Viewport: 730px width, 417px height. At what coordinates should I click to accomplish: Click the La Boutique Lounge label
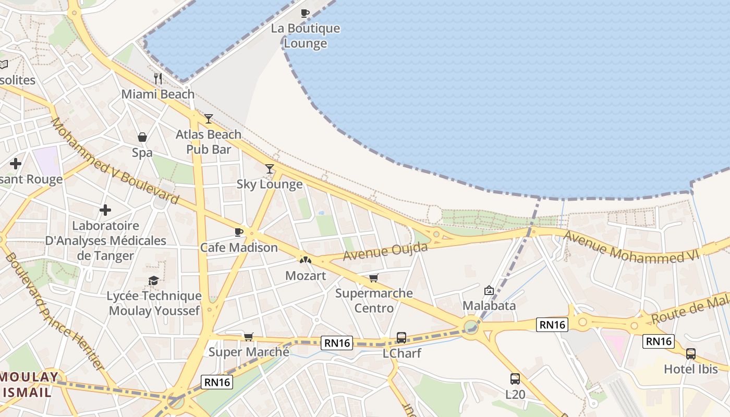(x=305, y=36)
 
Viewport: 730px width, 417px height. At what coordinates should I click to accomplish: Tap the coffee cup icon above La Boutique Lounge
(x=305, y=13)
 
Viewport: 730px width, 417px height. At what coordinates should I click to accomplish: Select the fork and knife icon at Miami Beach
(x=158, y=79)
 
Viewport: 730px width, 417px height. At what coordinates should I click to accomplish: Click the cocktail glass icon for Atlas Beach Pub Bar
(x=209, y=119)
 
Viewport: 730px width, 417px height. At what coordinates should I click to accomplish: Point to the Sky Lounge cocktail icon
(x=270, y=168)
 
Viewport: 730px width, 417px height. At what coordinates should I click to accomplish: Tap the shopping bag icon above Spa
(x=142, y=137)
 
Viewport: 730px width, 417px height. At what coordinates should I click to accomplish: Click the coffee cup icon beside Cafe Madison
(x=239, y=232)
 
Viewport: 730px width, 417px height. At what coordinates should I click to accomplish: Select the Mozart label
(x=306, y=276)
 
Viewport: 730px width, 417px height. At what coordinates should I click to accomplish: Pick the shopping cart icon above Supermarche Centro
(x=373, y=278)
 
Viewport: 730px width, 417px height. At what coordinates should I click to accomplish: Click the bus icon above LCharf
(x=401, y=338)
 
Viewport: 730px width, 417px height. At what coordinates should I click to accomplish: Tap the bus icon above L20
(x=515, y=379)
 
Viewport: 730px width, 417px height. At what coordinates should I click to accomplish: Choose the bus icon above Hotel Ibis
(x=691, y=354)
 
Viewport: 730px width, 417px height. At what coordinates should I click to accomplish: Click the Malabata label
(x=489, y=305)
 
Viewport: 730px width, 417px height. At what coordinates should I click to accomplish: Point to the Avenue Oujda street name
(x=385, y=251)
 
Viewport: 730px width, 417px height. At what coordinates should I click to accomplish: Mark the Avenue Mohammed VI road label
(x=639, y=248)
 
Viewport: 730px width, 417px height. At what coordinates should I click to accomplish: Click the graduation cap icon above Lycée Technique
(x=153, y=281)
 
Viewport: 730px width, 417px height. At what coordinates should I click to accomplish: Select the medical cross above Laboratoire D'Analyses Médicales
(x=105, y=210)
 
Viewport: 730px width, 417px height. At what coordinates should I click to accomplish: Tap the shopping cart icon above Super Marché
(x=249, y=337)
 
